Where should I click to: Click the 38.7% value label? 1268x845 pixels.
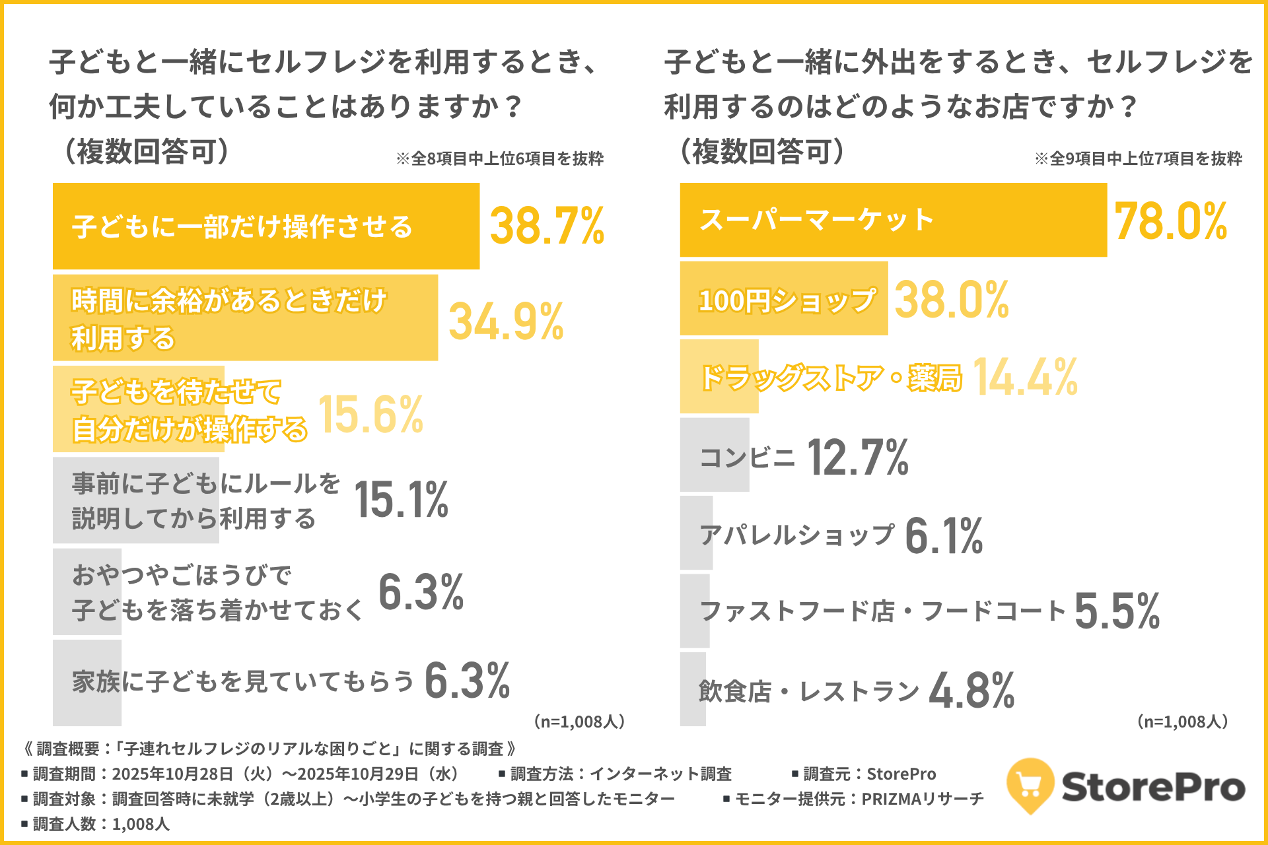[547, 226]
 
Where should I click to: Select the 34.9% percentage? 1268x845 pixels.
[506, 321]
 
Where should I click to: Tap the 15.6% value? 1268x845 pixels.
[370, 415]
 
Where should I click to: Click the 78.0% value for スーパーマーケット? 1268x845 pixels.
[1170, 221]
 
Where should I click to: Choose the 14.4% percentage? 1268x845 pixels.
[1025, 377]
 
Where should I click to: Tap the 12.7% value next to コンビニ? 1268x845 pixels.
[858, 457]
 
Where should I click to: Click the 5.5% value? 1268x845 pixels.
[1117, 611]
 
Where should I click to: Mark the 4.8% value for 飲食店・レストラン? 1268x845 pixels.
[971, 691]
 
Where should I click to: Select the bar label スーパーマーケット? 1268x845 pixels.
[817, 220]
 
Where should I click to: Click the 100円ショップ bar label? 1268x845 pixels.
[787, 300]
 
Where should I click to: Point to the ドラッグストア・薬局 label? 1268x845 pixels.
[831, 378]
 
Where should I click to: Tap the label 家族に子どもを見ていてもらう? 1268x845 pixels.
[243, 681]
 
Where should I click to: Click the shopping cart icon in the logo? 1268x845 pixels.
[1030, 785]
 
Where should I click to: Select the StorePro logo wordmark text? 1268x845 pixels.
[1153, 787]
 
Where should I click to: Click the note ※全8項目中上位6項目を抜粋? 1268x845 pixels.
[500, 158]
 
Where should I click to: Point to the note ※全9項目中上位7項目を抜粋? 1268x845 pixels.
[1138, 158]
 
